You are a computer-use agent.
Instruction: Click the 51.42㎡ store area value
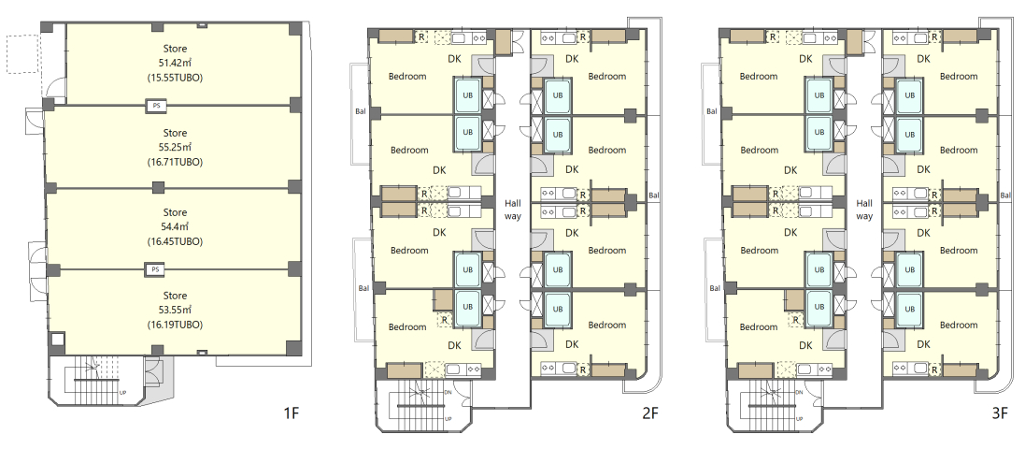[175, 63]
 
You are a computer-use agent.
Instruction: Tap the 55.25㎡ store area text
[175, 147]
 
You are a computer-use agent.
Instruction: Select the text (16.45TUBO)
[175, 241]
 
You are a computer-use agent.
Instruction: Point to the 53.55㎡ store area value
[175, 310]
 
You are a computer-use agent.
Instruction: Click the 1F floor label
[292, 413]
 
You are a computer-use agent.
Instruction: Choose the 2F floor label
[650, 413]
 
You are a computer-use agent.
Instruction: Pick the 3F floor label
[1000, 413]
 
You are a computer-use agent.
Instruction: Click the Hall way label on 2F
[512, 210]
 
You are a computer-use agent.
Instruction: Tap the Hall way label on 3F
[864, 210]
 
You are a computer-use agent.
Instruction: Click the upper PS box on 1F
[155, 106]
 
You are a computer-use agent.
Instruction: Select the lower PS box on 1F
[155, 269]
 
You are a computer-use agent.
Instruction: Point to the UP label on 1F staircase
[123, 393]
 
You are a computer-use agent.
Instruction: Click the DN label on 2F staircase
[448, 392]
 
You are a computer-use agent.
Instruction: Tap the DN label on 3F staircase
[800, 392]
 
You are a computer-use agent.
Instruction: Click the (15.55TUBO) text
[175, 78]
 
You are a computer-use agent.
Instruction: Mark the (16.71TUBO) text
[175, 162]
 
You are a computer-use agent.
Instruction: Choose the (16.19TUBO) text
[175, 324]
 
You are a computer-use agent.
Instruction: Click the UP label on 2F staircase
[448, 419]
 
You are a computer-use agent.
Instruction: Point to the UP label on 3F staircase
[800, 419]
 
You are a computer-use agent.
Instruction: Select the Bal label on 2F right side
[654, 196]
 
